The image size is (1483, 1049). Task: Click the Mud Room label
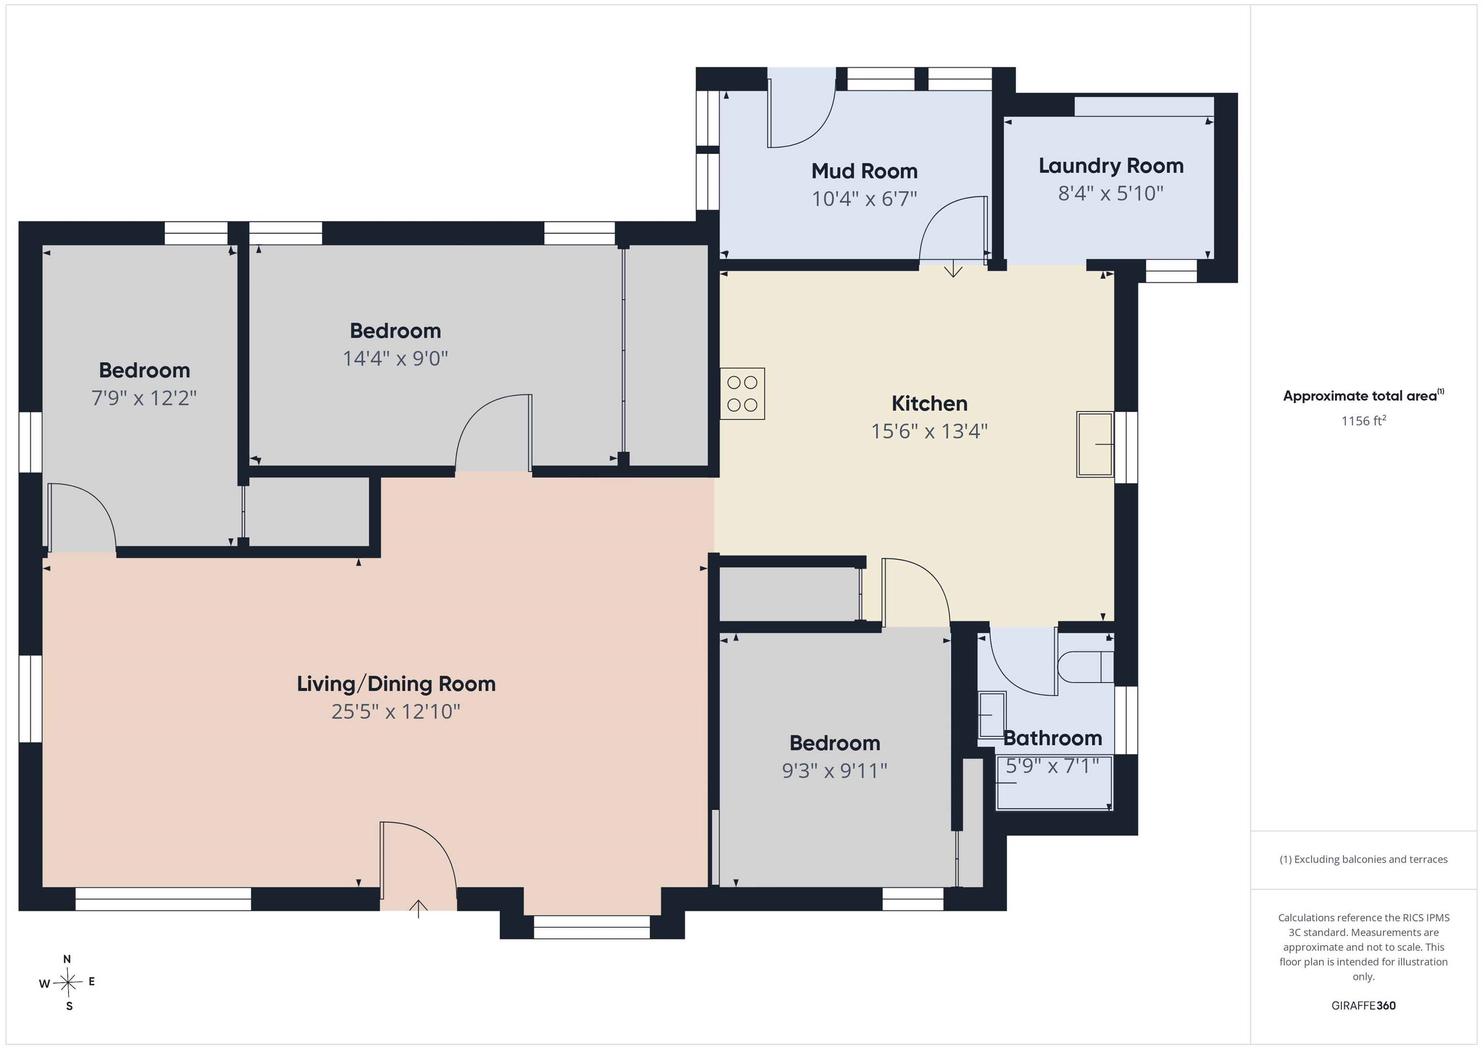tap(864, 171)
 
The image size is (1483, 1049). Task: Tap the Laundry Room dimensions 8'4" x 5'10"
tap(1110, 193)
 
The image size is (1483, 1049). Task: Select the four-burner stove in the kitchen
tap(742, 393)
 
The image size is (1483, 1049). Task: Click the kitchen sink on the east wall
tap(1095, 445)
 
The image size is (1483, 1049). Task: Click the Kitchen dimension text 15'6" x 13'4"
tap(929, 431)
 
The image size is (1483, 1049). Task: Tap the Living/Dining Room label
tap(396, 684)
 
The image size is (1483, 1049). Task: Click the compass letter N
tap(67, 959)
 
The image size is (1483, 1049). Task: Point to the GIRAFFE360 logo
tap(1363, 1006)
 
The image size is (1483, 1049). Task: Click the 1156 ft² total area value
tap(1363, 421)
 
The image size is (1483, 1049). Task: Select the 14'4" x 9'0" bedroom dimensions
tap(395, 359)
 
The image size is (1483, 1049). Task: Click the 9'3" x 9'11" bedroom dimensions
tap(835, 770)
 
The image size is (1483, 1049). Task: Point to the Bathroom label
tap(1052, 738)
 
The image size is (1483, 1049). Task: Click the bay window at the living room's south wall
tap(592, 927)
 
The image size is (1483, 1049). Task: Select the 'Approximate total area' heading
tap(1363, 395)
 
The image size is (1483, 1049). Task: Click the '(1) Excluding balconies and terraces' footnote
tap(1363, 859)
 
